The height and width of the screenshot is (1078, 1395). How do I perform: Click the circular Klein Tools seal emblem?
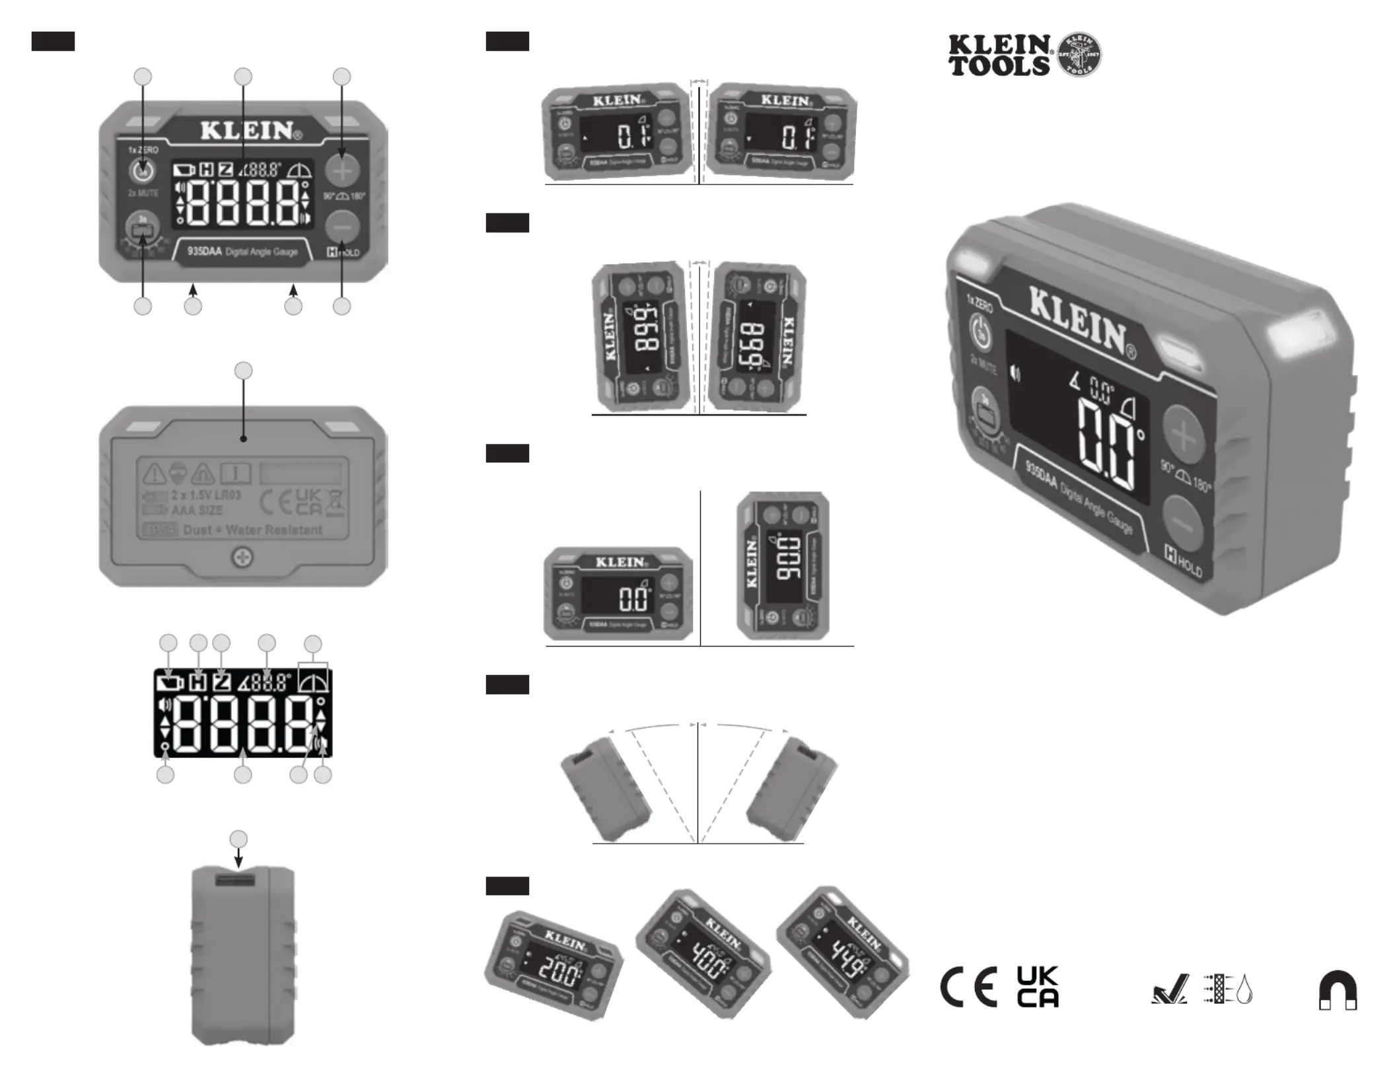(x=1079, y=54)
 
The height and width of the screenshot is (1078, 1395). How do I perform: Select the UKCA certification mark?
(x=1038, y=987)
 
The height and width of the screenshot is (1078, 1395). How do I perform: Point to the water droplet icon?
(x=1244, y=990)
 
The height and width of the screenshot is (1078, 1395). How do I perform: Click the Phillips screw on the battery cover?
(x=243, y=558)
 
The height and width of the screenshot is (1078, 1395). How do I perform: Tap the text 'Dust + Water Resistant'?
(x=252, y=530)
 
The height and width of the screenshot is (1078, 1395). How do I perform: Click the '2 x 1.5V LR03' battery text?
(x=206, y=495)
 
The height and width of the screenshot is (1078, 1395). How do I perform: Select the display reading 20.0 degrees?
(x=559, y=969)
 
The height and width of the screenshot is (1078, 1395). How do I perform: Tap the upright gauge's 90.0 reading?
(x=787, y=559)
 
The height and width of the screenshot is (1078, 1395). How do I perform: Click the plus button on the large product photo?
(x=1183, y=437)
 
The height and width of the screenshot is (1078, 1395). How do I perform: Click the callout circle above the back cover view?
(x=244, y=371)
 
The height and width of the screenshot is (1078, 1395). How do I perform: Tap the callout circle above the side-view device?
(x=238, y=840)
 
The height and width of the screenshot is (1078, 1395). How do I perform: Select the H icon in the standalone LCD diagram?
(x=197, y=682)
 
